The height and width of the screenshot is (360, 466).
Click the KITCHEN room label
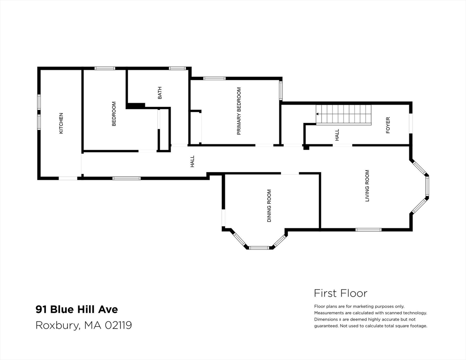pos(61,123)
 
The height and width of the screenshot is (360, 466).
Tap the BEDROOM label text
pos(113,114)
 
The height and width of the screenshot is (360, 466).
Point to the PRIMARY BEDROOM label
pos(239,111)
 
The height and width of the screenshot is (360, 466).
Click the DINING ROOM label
pos(269,205)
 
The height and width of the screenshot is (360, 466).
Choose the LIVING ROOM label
pos(367,186)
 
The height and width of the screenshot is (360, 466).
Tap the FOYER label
pos(388,125)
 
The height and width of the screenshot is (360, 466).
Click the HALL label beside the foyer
pos(337,135)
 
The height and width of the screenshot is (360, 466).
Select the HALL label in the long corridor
pos(192,162)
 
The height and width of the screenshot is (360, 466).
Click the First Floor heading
pos(340,293)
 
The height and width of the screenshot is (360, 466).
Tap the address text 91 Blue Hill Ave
pos(77,309)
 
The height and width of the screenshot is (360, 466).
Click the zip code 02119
pos(119,325)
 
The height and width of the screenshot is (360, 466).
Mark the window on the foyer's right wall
pos(410,124)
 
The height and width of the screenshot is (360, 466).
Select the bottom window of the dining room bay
pos(259,247)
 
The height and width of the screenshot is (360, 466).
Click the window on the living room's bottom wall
pos(368,229)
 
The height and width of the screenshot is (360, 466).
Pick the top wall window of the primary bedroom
pos(214,78)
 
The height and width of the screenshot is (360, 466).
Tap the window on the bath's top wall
pos(177,68)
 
